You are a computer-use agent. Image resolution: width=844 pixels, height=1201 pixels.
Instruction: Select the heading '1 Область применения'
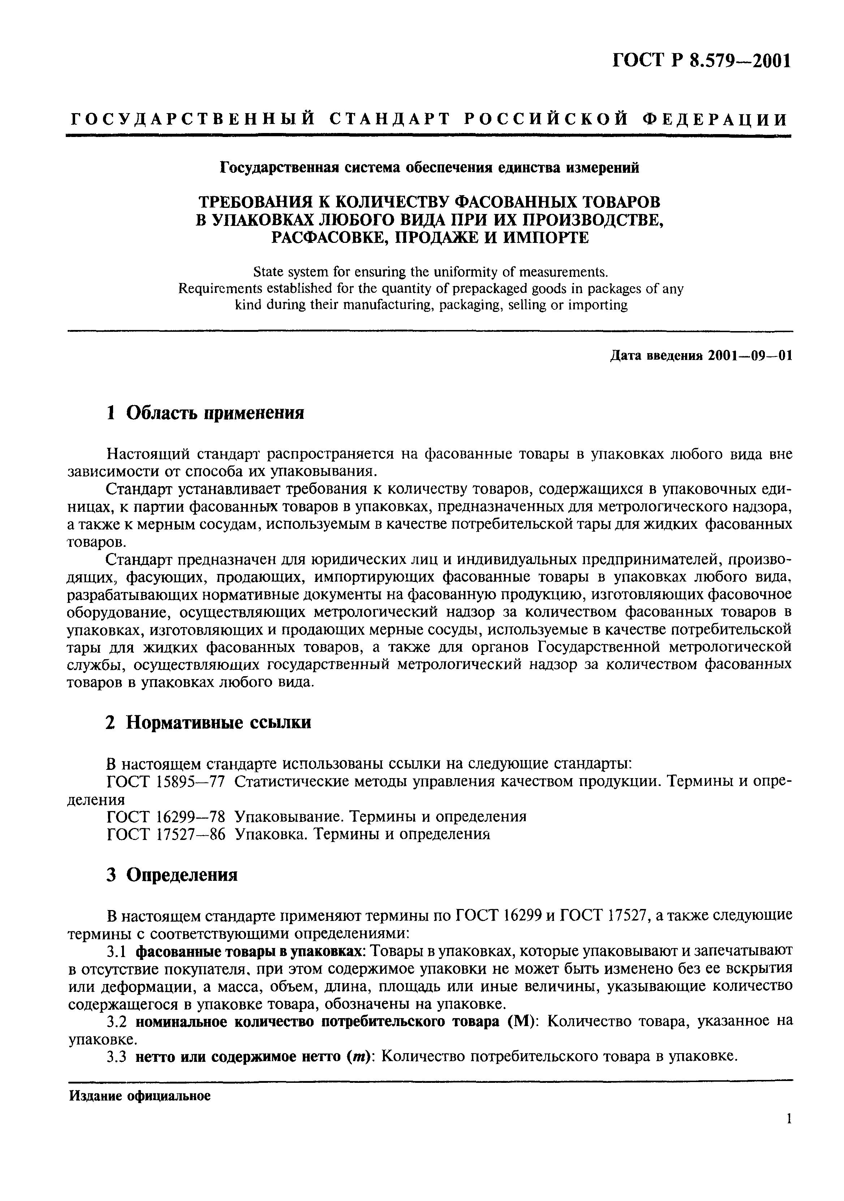coord(204,413)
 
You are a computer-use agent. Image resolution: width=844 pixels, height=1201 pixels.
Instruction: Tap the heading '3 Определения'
coord(172,875)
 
